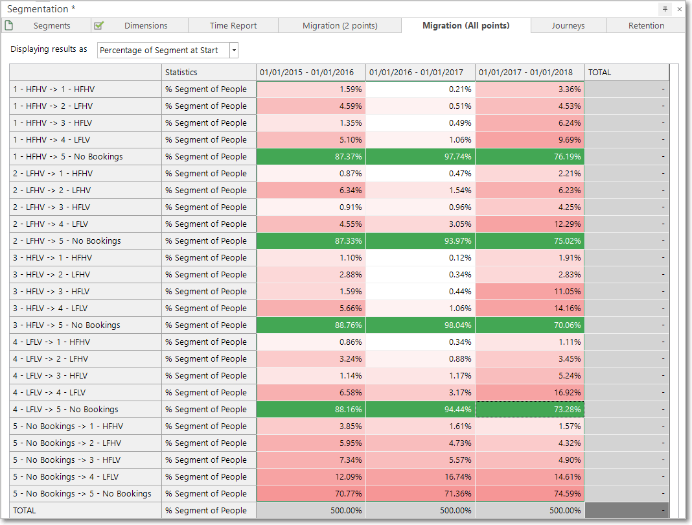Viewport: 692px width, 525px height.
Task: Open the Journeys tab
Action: coord(568,26)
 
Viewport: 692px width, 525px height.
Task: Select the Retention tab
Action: coord(646,26)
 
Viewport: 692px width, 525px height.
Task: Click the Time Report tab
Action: coord(233,26)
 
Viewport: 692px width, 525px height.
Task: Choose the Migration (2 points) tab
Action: coord(340,26)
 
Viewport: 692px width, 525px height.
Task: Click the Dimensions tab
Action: coord(140,26)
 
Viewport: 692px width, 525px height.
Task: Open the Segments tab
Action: coord(46,26)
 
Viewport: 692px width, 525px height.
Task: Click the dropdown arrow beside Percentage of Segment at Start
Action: coord(235,51)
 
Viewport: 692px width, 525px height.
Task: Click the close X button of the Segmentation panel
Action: coord(679,9)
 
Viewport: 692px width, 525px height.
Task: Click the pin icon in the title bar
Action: coord(665,9)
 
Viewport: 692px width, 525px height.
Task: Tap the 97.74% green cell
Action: coord(421,157)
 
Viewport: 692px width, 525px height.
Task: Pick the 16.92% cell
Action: coord(530,393)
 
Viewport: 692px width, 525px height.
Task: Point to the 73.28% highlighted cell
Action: coord(530,410)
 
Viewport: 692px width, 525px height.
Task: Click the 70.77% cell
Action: coord(311,494)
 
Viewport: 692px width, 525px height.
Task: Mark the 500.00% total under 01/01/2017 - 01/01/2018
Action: coord(530,511)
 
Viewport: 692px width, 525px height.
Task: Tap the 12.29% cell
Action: coord(530,224)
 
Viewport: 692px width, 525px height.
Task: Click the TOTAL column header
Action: coord(627,73)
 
